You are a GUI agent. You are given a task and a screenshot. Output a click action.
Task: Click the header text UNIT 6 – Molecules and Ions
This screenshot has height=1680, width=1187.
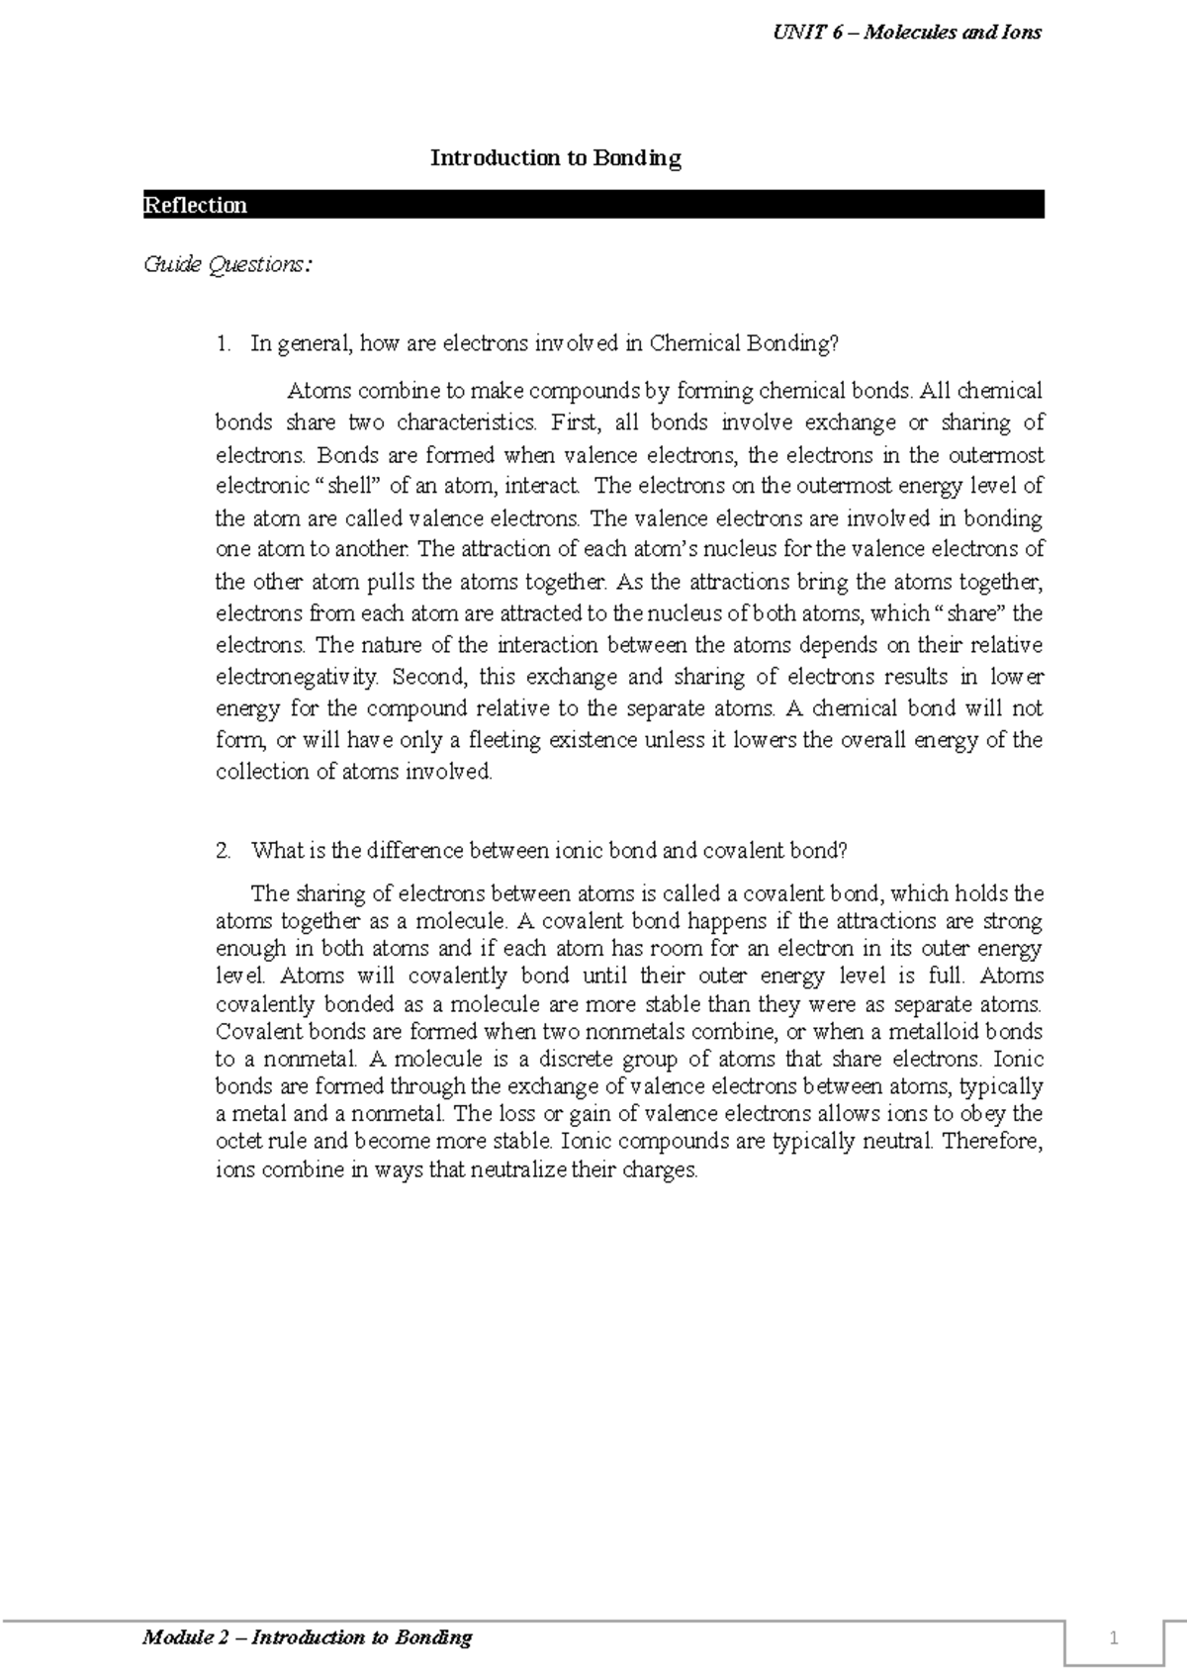click(x=906, y=33)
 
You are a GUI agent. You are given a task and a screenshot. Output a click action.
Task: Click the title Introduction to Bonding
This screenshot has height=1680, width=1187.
click(x=555, y=158)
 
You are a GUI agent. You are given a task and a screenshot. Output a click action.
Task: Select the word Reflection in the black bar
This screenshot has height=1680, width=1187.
click(x=195, y=206)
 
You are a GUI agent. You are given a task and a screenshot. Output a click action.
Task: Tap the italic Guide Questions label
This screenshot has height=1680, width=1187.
click(x=228, y=265)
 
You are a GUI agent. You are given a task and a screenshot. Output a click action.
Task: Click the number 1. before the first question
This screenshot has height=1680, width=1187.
click(x=224, y=344)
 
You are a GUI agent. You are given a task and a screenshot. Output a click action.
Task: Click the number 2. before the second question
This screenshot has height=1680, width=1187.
click(x=224, y=851)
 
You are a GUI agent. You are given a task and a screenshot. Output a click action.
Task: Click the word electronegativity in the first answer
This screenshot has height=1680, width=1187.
click(x=297, y=678)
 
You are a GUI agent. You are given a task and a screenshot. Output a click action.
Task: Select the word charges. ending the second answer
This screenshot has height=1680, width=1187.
click(x=660, y=1171)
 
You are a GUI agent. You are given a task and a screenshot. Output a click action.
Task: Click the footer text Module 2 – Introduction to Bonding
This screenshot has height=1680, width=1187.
click(x=308, y=1638)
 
